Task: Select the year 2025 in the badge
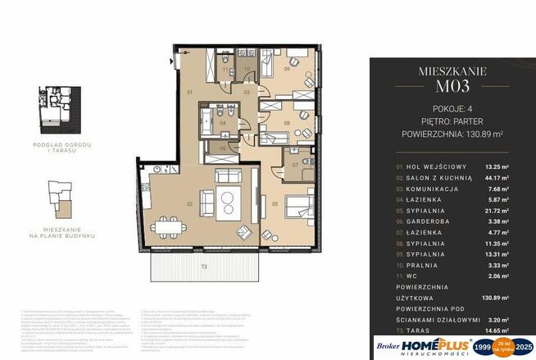click(x=523, y=348)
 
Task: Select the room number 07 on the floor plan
click(x=294, y=165)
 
